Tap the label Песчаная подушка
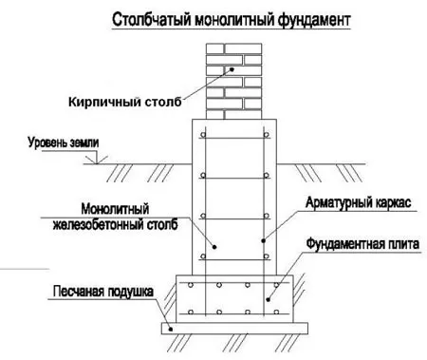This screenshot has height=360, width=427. [92, 293]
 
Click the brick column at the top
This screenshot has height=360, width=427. [232, 83]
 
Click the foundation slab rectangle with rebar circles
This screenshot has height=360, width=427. [232, 298]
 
